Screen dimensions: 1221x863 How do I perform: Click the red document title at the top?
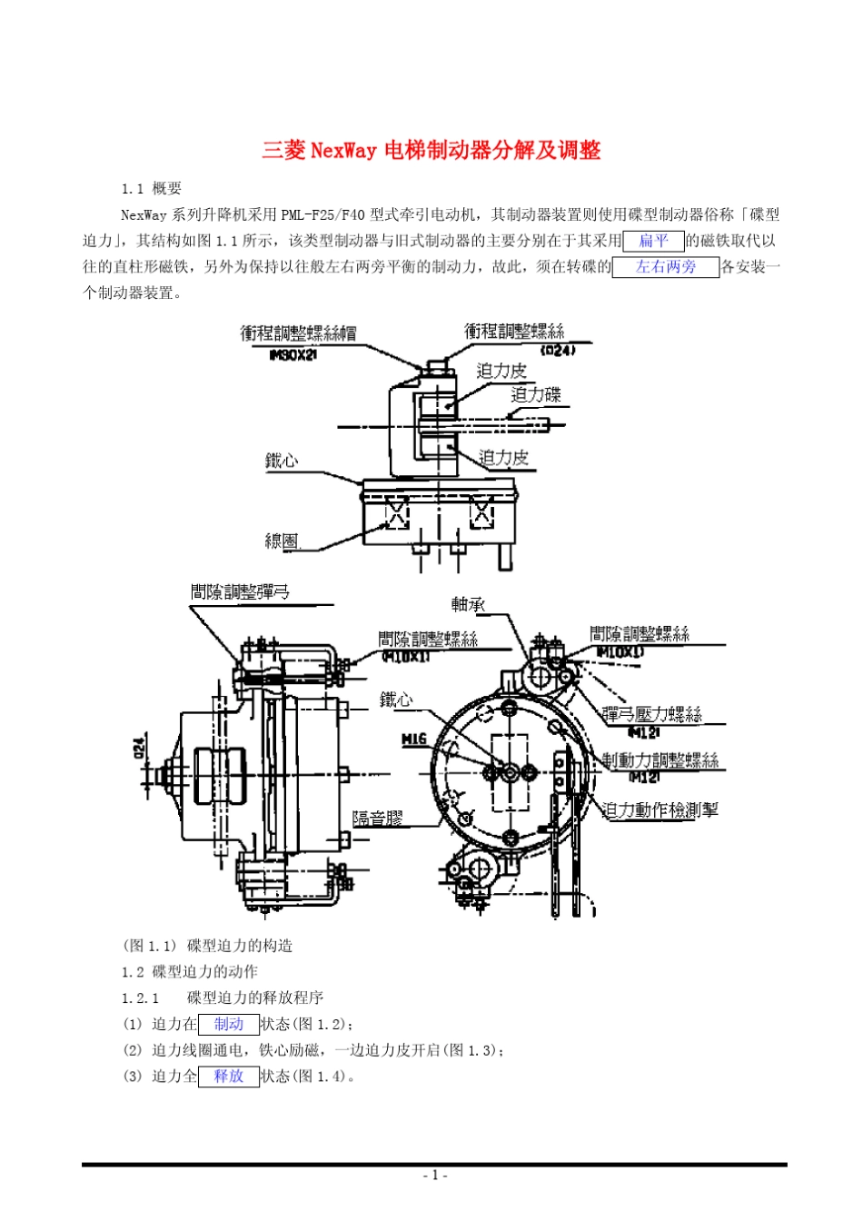431,150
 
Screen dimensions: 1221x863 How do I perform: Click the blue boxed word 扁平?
653,241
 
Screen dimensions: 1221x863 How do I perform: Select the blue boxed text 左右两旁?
665,267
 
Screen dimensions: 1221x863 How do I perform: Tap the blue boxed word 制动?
228,1024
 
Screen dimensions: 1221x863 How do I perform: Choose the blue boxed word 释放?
228,1077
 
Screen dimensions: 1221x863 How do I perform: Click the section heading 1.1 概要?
152,189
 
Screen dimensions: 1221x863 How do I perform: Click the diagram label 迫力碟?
536,394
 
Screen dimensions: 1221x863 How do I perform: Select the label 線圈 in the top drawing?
282,541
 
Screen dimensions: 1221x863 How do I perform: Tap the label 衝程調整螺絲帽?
298,333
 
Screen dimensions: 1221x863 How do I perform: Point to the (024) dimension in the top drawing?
557,350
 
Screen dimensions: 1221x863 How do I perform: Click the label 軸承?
468,604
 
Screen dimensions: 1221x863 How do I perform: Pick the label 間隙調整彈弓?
240,592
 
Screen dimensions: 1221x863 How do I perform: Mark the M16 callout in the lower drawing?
414,739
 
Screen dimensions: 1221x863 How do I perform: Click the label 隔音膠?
377,818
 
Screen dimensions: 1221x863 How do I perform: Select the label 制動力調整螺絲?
660,759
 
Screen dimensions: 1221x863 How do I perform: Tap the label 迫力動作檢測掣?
660,809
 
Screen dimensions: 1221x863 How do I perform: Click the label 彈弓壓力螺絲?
652,714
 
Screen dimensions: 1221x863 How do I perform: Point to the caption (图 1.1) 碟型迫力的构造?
208,946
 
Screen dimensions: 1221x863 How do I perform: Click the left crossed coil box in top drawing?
397,513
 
